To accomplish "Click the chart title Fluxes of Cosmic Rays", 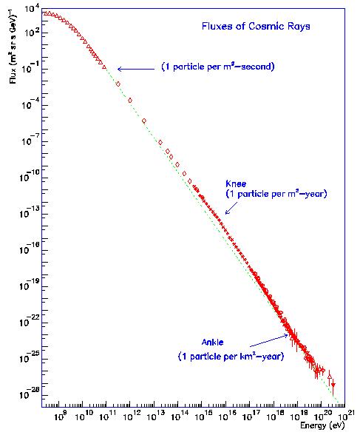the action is pos(256,27).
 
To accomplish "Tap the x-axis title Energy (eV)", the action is pos(322,425).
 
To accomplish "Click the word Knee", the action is pos(236,183).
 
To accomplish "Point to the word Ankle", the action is pos(213,343).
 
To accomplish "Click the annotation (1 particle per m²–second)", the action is pos(218,67).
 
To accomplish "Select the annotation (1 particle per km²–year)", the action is pos(231,356).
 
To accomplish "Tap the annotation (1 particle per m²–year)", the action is pos(276,194).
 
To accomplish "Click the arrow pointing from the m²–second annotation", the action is pos(136,69).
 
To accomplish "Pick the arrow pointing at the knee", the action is pos(231,208).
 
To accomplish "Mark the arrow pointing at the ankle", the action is pos(269,340).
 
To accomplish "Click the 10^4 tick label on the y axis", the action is pos(33,9).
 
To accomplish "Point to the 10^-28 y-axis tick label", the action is pos(30,394).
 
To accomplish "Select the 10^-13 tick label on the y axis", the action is pos(30,213).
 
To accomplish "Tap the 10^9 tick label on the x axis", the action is pos(60,416).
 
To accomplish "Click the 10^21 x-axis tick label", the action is pos(344,416).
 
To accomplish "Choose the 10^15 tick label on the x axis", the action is pos(203,416).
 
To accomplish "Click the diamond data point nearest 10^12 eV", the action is pos(130,101).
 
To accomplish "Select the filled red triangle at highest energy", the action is pos(333,385).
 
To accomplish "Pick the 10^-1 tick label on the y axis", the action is pos(30,67).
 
